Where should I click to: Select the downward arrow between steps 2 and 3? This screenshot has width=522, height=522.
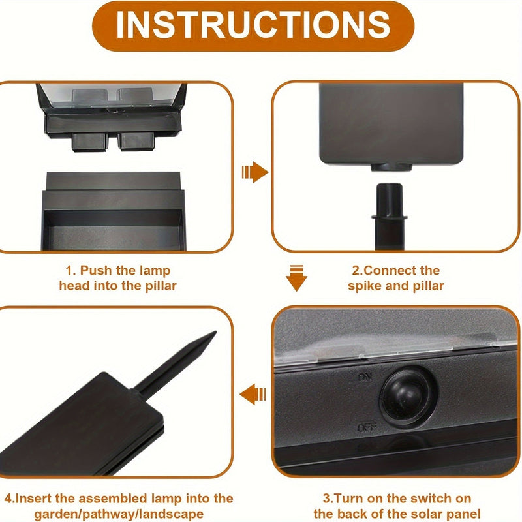(297, 277)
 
